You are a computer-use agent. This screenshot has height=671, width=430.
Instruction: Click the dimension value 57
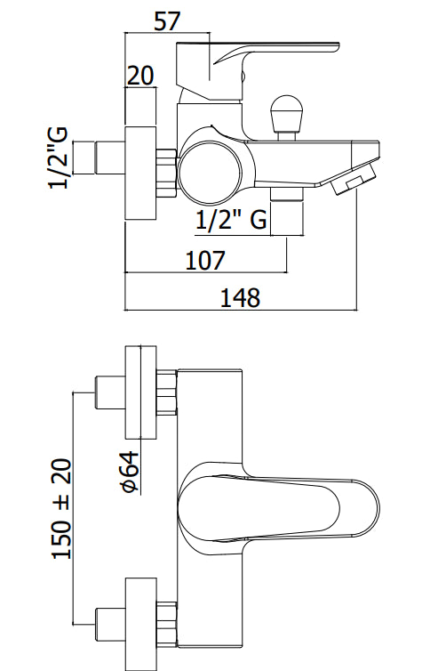[x=167, y=21]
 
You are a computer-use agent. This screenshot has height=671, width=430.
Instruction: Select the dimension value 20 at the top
[x=140, y=76]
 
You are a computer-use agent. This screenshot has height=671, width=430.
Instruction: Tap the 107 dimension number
[x=205, y=260]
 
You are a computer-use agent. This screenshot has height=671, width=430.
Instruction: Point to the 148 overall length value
[x=240, y=298]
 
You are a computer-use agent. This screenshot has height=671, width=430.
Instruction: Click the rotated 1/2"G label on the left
[x=58, y=158]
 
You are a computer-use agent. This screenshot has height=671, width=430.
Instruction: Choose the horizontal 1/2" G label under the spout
[x=231, y=221]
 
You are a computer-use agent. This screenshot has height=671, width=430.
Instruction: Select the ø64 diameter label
[x=131, y=472]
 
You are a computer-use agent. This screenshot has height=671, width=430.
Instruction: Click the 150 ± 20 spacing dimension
[x=61, y=509]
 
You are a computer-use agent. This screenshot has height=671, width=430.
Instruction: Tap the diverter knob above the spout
[x=287, y=117]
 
